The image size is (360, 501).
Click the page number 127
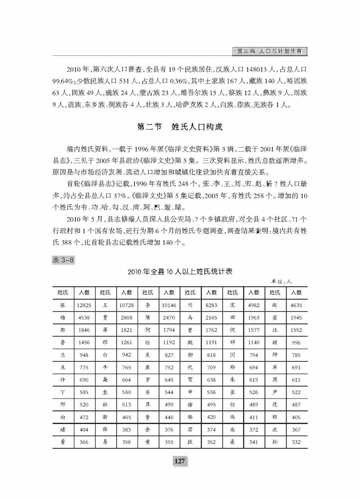click(x=180, y=461)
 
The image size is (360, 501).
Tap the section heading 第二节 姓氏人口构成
click(x=180, y=127)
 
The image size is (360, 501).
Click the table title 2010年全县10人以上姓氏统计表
click(x=180, y=272)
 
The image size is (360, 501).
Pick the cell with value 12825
click(x=84, y=305)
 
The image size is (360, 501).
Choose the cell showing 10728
click(x=126, y=305)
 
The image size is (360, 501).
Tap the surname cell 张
click(x=63, y=305)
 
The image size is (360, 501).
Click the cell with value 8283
click(x=211, y=305)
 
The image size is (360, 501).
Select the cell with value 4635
click(x=296, y=305)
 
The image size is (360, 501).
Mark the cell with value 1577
click(x=254, y=330)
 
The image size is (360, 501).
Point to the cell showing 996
click(x=296, y=343)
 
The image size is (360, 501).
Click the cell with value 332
click(x=296, y=442)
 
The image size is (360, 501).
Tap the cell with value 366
click(x=84, y=442)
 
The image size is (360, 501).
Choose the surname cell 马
click(x=190, y=318)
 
